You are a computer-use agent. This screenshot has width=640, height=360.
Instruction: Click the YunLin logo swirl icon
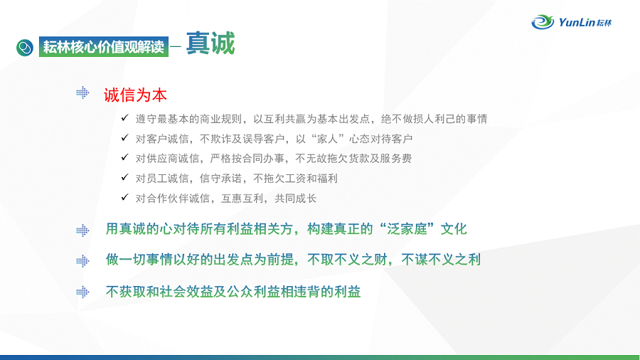pyautogui.click(x=543, y=21)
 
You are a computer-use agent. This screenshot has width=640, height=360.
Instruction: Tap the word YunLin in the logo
pyautogui.click(x=577, y=22)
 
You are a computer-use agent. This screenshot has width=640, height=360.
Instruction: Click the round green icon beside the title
pyautogui.click(x=25, y=48)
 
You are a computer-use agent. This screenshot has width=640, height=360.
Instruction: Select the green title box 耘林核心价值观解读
pyautogui.click(x=104, y=46)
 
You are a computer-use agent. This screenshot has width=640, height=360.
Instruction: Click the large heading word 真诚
pyautogui.click(x=210, y=43)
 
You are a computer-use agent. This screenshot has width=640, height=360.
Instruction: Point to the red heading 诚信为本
pyautogui.click(x=135, y=95)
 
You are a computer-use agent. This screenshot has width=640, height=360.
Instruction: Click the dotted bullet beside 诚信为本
pyautogui.click(x=82, y=92)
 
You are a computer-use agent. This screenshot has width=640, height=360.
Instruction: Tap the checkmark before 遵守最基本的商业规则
pyautogui.click(x=125, y=118)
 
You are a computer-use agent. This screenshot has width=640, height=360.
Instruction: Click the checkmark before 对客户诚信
pyautogui.click(x=125, y=137)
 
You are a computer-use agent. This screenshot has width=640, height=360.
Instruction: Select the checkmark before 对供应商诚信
pyautogui.click(x=125, y=157)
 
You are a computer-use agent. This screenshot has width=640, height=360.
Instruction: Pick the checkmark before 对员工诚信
pyautogui.click(x=125, y=177)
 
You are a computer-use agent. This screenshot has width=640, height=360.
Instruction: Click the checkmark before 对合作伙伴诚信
pyautogui.click(x=125, y=197)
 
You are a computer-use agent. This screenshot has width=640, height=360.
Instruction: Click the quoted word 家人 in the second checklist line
pyautogui.click(x=327, y=139)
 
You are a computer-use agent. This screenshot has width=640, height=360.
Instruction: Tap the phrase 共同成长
pyautogui.click(x=296, y=198)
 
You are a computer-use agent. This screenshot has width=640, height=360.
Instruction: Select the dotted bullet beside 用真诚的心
pyautogui.click(x=82, y=231)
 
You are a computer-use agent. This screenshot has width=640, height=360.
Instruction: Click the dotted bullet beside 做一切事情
pyautogui.click(x=82, y=261)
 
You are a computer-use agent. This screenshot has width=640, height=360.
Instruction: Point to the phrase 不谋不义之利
pyautogui.click(x=441, y=260)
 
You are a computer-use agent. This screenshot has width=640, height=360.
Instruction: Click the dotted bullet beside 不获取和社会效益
pyautogui.click(x=82, y=292)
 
